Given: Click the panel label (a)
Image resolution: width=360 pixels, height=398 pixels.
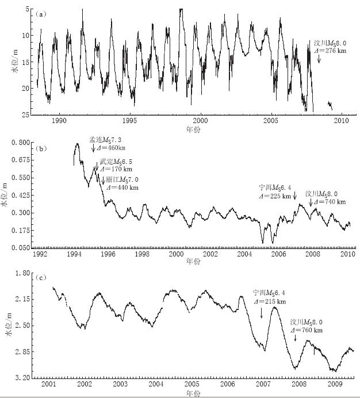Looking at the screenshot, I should click(x=41, y=13).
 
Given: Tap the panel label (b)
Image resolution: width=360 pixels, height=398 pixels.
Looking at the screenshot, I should click(x=41, y=148).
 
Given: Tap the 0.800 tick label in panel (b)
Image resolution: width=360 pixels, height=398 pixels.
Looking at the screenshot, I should click(x=21, y=141).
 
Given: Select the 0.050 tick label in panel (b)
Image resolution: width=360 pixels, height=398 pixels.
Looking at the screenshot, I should click(x=21, y=248).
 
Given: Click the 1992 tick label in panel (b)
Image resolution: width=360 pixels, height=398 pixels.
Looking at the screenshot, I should click(x=40, y=254).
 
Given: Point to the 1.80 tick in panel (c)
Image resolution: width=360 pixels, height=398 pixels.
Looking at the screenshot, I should click(x=22, y=273).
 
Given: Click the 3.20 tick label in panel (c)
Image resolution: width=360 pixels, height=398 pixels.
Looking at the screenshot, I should click(x=22, y=378).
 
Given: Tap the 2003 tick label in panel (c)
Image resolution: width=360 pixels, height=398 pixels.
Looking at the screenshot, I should click(x=120, y=384).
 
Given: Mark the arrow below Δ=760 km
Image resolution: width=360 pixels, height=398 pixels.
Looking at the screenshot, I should click(x=296, y=338).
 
